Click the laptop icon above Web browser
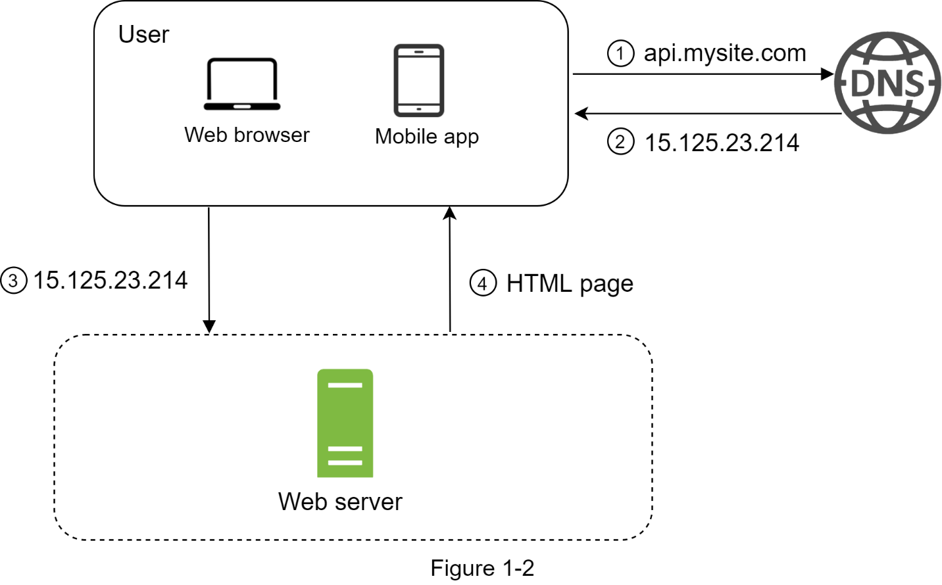(x=242, y=84)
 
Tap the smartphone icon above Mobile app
(x=419, y=80)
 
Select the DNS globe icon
(x=887, y=83)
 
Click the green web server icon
(x=345, y=423)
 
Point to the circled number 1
(x=621, y=53)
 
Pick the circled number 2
(x=621, y=141)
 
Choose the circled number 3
(x=13, y=280)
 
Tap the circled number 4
(x=483, y=283)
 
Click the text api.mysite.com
(x=725, y=54)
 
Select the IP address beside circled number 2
(x=722, y=143)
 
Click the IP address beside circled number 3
(x=110, y=280)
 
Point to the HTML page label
(x=570, y=285)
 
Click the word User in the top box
(x=144, y=34)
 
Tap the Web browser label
(x=247, y=135)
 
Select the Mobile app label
(x=427, y=137)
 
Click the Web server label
(x=340, y=502)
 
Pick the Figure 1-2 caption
(x=482, y=568)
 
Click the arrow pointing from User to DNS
(x=703, y=74)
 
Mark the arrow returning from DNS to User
(x=708, y=114)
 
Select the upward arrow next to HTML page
(x=450, y=269)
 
